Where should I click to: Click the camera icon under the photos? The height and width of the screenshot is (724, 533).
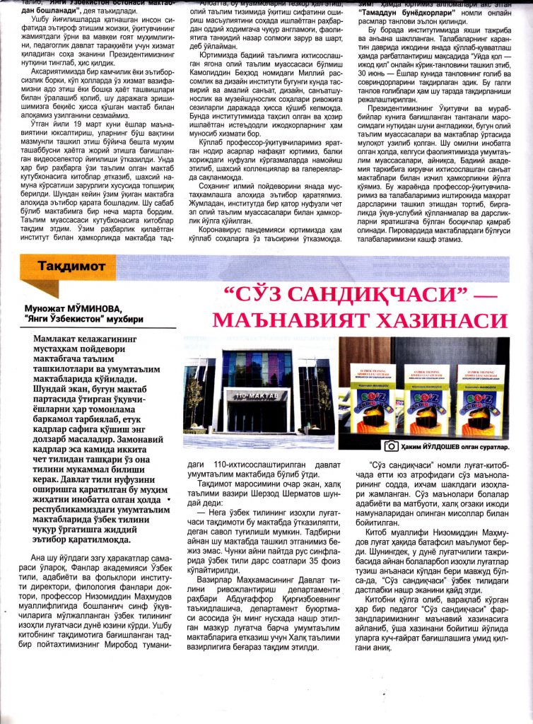pos(390,446)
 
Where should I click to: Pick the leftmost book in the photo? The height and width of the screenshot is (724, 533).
pos(372,399)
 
